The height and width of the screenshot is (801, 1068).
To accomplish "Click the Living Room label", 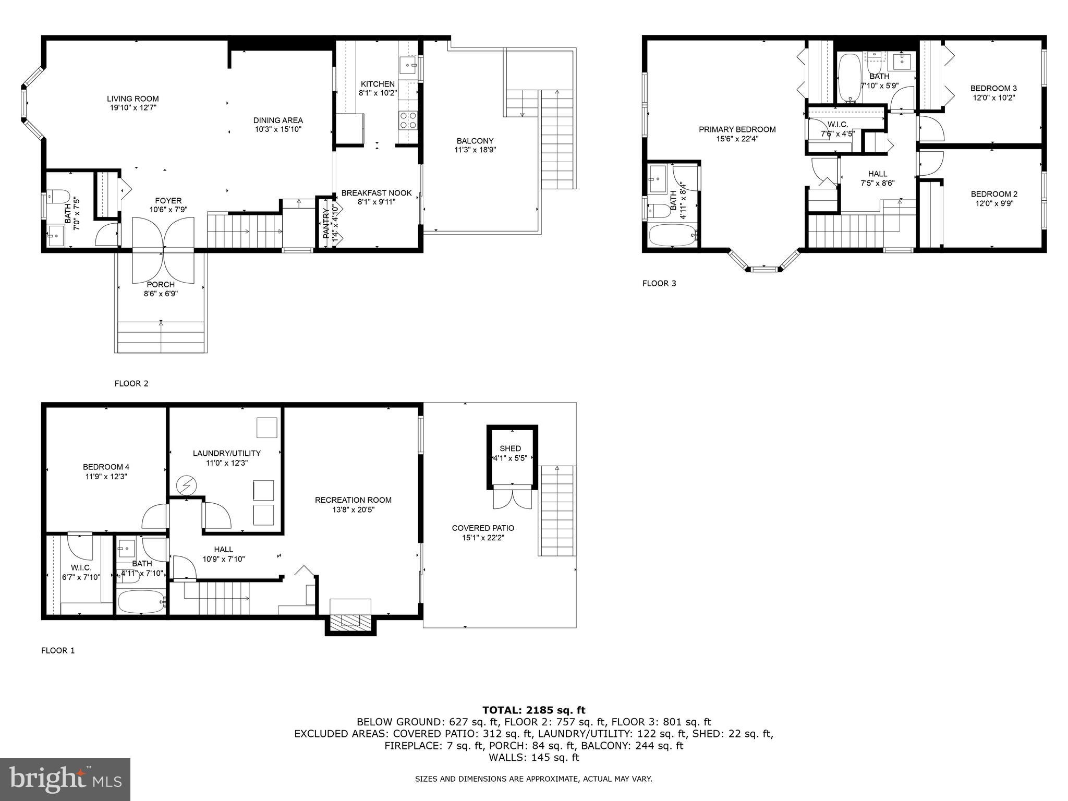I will (132, 99).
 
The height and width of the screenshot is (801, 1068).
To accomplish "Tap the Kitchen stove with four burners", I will (407, 120).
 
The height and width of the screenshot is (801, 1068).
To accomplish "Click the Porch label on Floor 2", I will (161, 284).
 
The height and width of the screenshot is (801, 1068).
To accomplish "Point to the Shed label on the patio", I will (510, 448).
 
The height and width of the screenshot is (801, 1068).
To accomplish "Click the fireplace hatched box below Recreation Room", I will (350, 621).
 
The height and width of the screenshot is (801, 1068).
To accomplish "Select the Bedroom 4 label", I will (106, 467).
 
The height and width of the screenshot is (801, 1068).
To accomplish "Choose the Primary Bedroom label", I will (737, 129).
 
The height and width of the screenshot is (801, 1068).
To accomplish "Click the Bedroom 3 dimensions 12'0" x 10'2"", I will (993, 98).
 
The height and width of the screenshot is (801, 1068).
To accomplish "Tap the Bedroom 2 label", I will (994, 194).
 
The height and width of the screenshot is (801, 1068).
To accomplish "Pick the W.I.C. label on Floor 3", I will (838, 124).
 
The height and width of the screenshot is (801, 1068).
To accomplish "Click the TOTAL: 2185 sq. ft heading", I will (533, 710).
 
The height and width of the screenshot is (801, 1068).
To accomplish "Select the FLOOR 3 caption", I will (659, 283).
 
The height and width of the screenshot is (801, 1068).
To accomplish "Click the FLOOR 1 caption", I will (58, 650).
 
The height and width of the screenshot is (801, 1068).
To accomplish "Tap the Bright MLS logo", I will (65, 779).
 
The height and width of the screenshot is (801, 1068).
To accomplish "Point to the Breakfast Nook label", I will (376, 193).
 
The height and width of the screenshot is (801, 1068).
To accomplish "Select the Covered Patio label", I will (483, 528).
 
